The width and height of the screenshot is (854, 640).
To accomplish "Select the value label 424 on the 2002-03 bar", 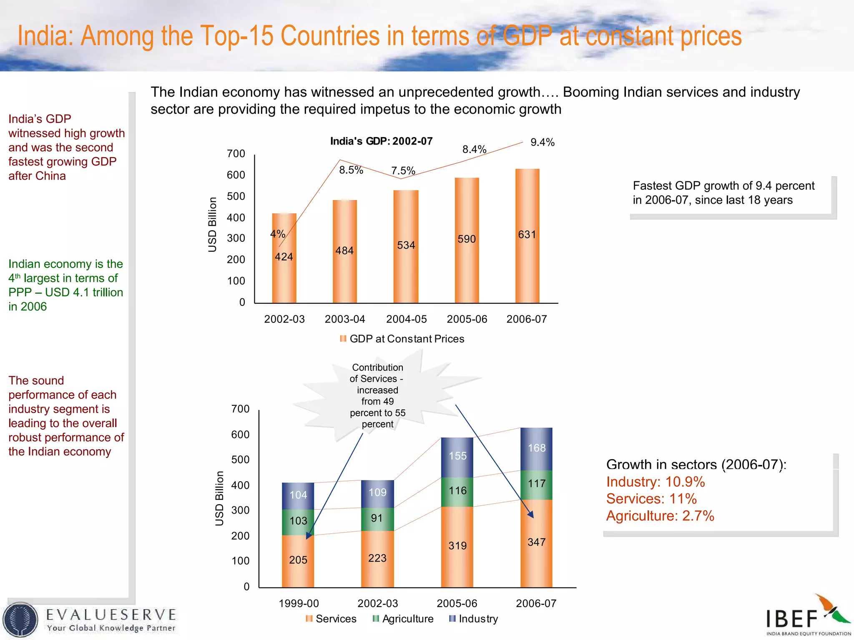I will pyautogui.click(x=284, y=257).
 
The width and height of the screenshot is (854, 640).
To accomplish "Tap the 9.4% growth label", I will pyautogui.click(x=542, y=142).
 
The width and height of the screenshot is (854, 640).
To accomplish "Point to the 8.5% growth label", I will pyautogui.click(x=351, y=170).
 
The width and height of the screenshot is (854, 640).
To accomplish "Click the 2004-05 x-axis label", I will pyautogui.click(x=406, y=319).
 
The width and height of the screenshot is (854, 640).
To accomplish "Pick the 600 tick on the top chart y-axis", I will pyautogui.click(x=236, y=175).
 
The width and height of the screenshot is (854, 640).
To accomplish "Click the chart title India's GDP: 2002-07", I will pyautogui.click(x=381, y=141).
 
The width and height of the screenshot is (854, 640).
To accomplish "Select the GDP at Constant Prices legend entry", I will pyautogui.click(x=402, y=339).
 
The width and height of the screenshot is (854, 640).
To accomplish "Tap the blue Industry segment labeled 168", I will pyautogui.click(x=536, y=448).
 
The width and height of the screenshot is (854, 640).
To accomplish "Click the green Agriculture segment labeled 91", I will pyautogui.click(x=377, y=518).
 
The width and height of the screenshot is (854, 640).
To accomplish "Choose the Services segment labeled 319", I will pyautogui.click(x=457, y=546).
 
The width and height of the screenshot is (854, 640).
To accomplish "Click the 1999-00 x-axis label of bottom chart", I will pyautogui.click(x=299, y=603).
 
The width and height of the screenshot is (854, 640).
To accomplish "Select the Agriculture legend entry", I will pyautogui.click(x=403, y=619).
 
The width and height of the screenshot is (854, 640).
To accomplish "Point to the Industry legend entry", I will pyautogui.click(x=474, y=619).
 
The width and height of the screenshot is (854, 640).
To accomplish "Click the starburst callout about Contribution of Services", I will pyautogui.click(x=377, y=396).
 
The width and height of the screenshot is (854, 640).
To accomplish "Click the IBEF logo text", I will pyautogui.click(x=791, y=619).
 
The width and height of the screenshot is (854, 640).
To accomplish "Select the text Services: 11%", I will pyautogui.click(x=651, y=499).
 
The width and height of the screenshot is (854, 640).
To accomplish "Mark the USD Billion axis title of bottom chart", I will pyautogui.click(x=219, y=498).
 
